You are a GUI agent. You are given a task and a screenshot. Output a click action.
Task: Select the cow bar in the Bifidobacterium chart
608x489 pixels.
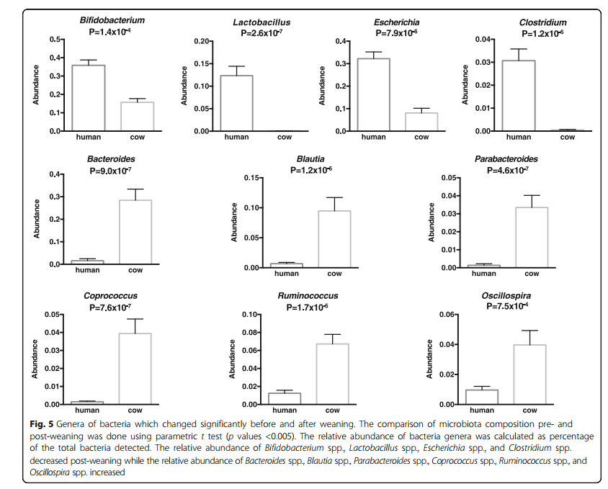click(137, 117)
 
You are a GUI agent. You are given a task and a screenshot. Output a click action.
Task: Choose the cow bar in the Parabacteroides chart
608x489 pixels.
click(532, 237)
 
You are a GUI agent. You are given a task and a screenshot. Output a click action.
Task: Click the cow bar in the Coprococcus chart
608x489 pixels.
click(135, 368)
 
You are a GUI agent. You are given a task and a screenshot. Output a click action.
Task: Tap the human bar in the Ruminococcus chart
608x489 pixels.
click(286, 398)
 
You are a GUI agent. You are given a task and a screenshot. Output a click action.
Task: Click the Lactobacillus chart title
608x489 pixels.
click(257, 22)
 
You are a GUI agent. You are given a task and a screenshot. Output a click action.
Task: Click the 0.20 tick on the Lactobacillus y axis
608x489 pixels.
click(199, 42)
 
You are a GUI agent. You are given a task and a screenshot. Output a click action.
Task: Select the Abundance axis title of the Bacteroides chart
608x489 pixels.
click(35, 220)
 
